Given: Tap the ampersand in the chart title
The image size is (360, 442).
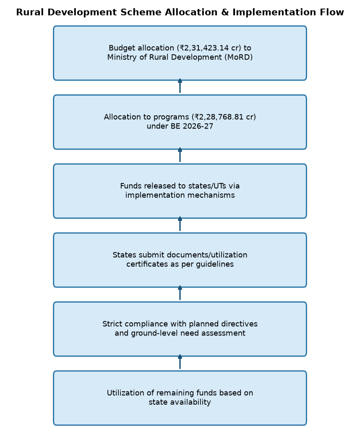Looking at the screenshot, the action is pos(225,12).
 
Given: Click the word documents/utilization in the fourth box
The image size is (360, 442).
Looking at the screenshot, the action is pos(207,255).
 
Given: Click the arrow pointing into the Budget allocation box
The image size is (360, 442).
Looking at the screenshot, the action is pos(180,86).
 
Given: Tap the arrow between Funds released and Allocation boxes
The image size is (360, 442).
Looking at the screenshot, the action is pos(180,155).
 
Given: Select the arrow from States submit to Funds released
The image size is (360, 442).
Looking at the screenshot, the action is pos(180,224).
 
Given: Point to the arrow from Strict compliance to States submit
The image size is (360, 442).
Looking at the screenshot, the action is pos(180,293).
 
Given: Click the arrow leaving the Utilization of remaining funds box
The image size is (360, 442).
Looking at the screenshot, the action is pos(180,362).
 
